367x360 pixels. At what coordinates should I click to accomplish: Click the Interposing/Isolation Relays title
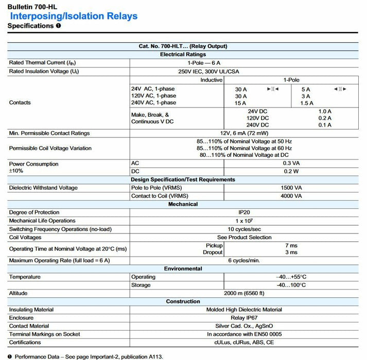74,16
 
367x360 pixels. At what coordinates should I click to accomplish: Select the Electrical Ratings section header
183,54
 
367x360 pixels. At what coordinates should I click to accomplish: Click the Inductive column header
211,80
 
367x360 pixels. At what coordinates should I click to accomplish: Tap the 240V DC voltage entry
258,125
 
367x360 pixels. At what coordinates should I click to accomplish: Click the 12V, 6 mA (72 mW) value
244,133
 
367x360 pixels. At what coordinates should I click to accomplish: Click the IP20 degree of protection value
244,212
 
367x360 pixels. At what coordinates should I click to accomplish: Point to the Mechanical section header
183,204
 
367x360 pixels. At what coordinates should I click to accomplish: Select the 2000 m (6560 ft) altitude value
244,293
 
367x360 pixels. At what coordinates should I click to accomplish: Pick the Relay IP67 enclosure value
244,318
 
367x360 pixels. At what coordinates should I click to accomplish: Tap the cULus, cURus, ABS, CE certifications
244,343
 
